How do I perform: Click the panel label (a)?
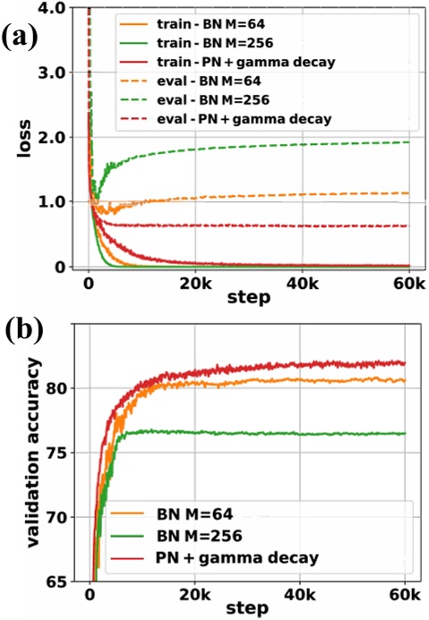(x=22, y=38)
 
